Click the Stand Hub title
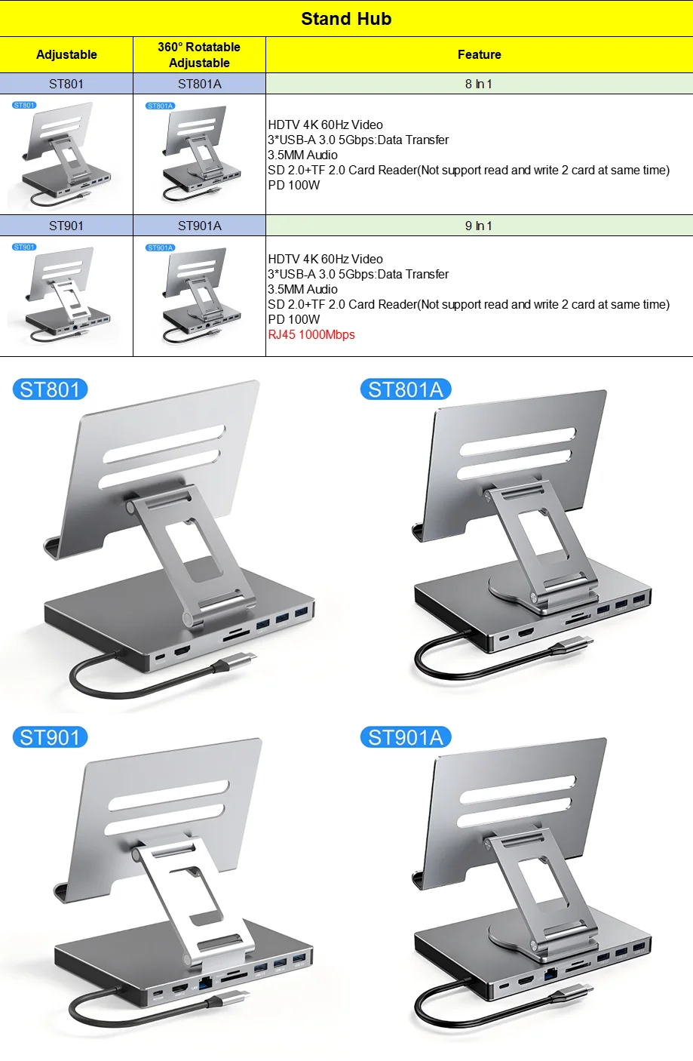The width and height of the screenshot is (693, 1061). pos(346,19)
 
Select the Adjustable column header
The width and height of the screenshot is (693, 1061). pos(66,54)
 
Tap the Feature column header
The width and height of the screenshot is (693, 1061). pos(479,54)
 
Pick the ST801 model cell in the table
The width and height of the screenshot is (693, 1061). pos(66,84)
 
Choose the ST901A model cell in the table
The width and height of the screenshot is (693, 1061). pos(199,226)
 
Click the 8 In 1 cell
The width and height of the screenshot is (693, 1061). pos(479,84)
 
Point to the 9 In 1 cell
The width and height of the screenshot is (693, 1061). pos(479,226)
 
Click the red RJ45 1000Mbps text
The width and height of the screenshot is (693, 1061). pos(311,334)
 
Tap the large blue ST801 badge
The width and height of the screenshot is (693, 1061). pos(50,389)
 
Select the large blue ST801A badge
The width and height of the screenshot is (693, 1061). pos(406,389)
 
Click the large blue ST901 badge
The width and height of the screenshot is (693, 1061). pos(50,737)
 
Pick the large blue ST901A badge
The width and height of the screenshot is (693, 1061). pos(406,737)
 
